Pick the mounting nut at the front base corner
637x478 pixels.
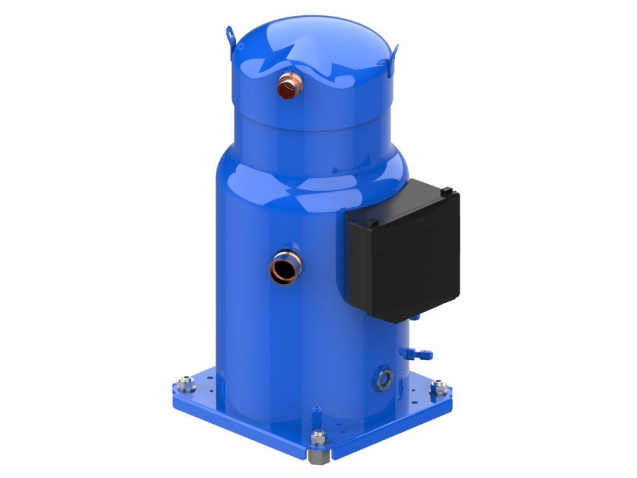tap(317, 438)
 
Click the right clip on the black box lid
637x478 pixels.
tap(447, 189)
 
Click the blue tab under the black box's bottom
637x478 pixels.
tap(415, 316)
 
